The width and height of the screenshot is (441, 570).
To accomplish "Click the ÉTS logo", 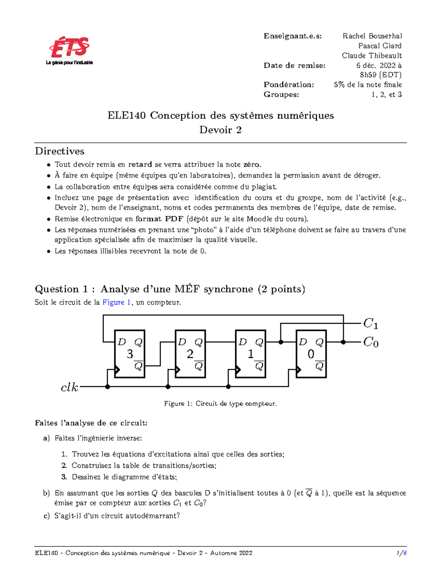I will coord(69,51).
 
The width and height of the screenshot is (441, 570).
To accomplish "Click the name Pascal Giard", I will coord(380,46).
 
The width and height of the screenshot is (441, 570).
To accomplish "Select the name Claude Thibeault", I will coord(372,56).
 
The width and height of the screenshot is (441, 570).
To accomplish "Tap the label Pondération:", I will coord(288,85).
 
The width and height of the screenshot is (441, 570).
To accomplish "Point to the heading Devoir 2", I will coord(220,130).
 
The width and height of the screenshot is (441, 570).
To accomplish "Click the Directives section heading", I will coord(60,151).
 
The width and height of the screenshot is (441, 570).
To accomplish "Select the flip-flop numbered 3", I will coord(130,354).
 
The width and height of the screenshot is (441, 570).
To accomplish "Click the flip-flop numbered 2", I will coord(190,354).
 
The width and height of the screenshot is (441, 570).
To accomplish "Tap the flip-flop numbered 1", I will coord(250,354).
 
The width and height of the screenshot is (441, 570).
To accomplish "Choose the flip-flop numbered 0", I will coord(311,354).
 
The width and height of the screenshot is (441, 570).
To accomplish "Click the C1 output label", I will coord(370,324).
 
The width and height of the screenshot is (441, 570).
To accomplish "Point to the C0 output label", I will coord(370,342).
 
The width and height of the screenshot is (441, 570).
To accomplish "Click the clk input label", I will coord(69,387).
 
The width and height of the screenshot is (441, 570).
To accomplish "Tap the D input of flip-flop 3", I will coord(121,342).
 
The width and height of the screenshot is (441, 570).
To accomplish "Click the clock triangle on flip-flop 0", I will coord(299,370).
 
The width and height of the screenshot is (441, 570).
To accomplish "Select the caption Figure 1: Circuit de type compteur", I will coord(220,404).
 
